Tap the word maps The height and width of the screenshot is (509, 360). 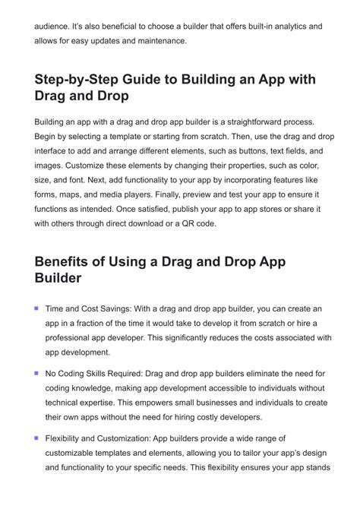[90, 194]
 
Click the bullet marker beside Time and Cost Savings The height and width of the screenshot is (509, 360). [36, 308]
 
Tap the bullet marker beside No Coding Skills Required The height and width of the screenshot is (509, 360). [36, 373]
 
